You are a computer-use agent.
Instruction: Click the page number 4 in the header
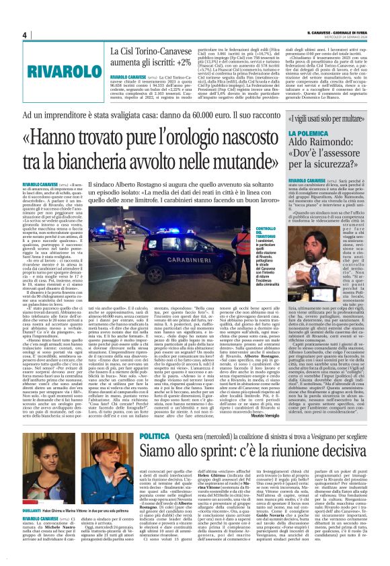[x=24, y=35]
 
